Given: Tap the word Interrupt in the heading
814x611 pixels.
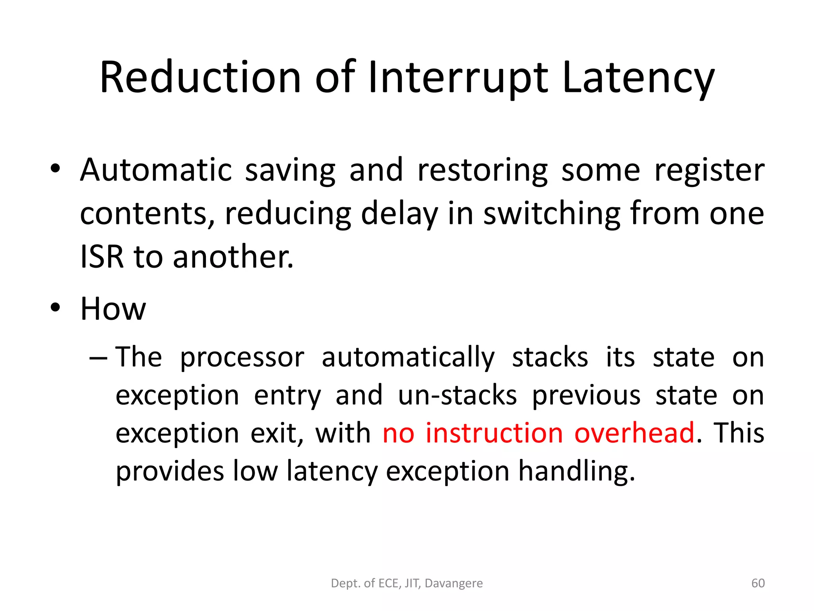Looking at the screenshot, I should pos(458,78).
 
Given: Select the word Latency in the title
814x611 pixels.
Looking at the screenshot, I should pos(638,78).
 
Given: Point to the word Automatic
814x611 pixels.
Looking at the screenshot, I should pos(156,170).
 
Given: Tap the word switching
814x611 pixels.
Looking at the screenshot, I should pos(552,214).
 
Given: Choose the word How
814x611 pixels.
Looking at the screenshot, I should pos(113,309).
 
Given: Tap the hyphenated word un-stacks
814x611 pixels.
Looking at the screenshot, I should pos(457,395).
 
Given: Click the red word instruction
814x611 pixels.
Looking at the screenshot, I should pos(494,433).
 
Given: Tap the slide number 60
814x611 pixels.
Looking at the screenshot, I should pos(758,583).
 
